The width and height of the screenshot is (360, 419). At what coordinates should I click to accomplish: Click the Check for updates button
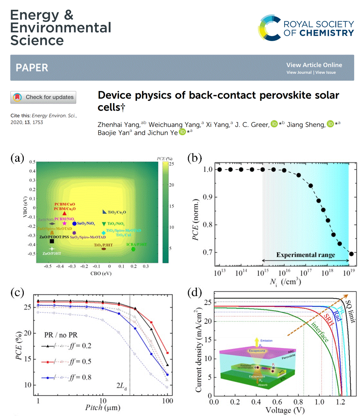pyautogui.click(x=43, y=97)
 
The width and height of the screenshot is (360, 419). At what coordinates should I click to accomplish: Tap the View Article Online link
pyautogui.click(x=314, y=65)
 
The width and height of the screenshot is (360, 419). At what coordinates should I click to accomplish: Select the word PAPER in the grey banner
pyautogui.click(x=32, y=68)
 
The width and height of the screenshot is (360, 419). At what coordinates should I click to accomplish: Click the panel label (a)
pyautogui.click(x=19, y=157)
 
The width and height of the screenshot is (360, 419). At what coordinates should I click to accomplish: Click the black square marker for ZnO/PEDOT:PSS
pyautogui.click(x=52, y=241)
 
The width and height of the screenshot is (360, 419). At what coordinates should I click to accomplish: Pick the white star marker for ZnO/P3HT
pyautogui.click(x=52, y=249)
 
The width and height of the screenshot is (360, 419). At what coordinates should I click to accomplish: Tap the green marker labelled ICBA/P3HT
pyautogui.click(x=133, y=249)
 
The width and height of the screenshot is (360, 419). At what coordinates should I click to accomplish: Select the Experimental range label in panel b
pyautogui.click(x=305, y=255)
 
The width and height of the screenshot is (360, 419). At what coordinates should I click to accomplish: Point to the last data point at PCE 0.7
pyautogui.click(x=351, y=254)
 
